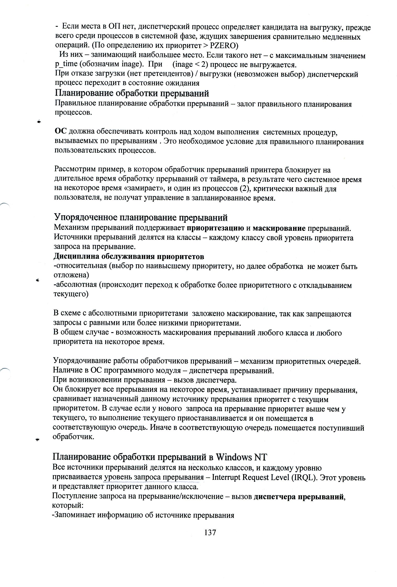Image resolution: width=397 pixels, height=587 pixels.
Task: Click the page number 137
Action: (210, 532)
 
